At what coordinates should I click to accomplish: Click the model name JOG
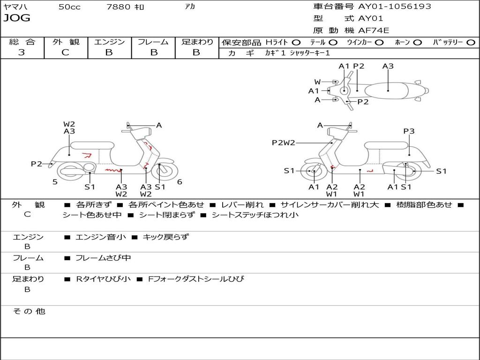tap(17, 18)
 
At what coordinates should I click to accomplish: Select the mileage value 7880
tap(119, 7)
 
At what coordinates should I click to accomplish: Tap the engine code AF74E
tap(374, 30)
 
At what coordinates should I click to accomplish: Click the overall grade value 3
tap(22, 52)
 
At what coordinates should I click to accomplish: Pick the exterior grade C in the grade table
tap(65, 52)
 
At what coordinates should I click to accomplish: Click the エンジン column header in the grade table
tap(110, 42)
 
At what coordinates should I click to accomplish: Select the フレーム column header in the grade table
tap(153, 42)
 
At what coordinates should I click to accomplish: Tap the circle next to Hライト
tap(296, 42)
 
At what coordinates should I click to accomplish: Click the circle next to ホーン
tap(417, 42)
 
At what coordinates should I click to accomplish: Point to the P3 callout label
tap(409, 131)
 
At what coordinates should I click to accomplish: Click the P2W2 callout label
tap(283, 143)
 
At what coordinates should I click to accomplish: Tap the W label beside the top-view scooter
tap(317, 82)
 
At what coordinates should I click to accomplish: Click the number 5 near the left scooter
tap(55, 182)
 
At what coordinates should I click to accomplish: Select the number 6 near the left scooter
tap(180, 182)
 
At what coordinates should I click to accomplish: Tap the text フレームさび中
tap(103, 258)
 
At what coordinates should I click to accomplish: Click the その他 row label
tap(29, 311)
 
